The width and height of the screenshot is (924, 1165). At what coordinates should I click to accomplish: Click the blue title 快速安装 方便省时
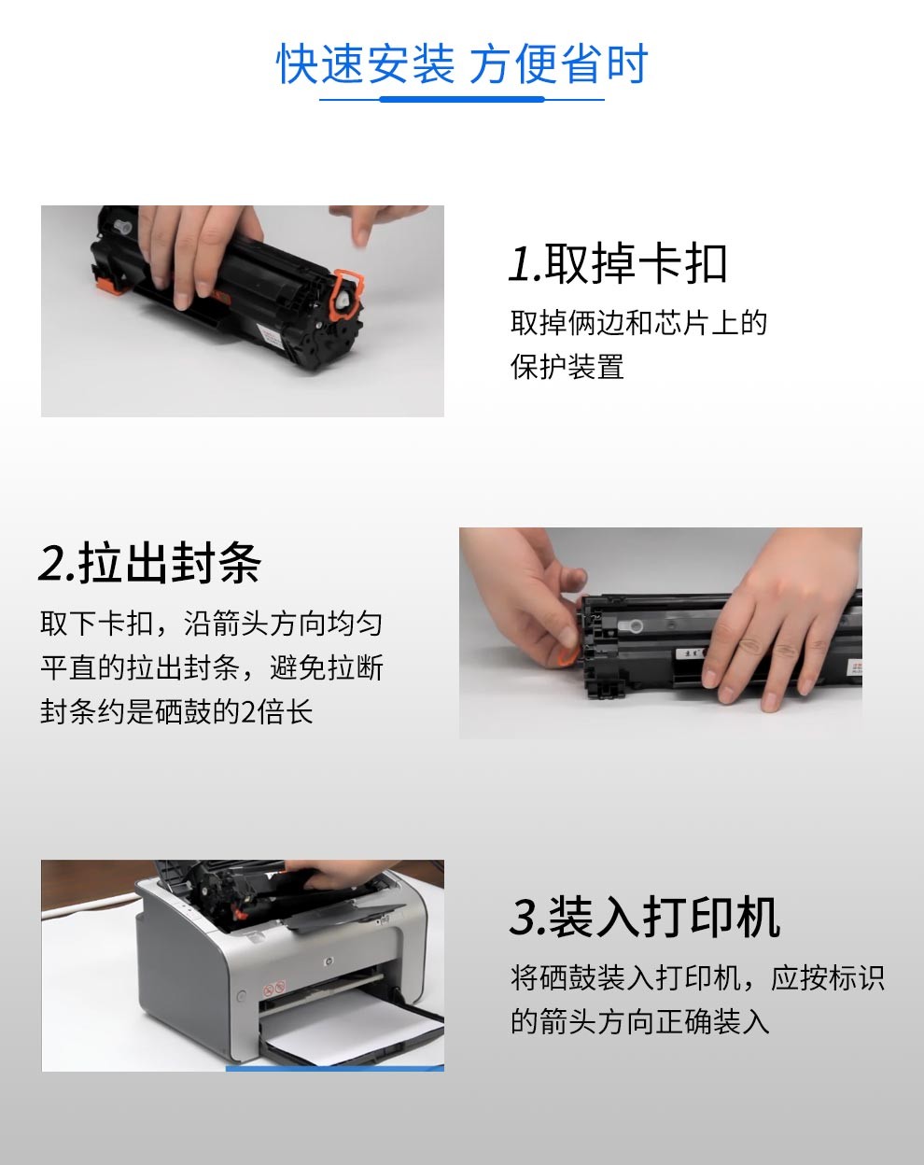pyautogui.click(x=462, y=63)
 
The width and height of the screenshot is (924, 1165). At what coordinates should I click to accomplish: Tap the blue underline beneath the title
pyautogui.click(x=462, y=99)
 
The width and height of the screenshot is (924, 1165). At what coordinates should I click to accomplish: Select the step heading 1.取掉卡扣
pyautogui.click(x=618, y=263)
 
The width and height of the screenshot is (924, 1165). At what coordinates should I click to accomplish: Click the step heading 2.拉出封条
pyautogui.click(x=150, y=563)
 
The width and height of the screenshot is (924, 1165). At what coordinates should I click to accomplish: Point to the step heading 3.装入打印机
pyautogui.click(x=645, y=917)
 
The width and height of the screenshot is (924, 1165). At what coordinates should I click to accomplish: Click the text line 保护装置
pyautogui.click(x=567, y=367)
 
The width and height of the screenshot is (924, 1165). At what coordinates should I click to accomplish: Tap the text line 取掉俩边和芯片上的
pyautogui.click(x=638, y=323)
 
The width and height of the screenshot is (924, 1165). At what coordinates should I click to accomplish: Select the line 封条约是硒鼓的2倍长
pyautogui.click(x=176, y=711)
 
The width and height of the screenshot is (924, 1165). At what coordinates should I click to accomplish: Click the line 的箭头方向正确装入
pyautogui.click(x=640, y=1021)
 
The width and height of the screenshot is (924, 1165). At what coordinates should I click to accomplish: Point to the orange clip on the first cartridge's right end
pyautogui.click(x=344, y=294)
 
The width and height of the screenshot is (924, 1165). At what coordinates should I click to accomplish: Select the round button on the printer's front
pyautogui.click(x=242, y=995)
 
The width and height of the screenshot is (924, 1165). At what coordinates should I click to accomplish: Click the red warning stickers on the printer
pyautogui.click(x=273, y=990)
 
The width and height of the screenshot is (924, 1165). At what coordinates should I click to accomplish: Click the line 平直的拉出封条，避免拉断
pyautogui.click(x=212, y=667)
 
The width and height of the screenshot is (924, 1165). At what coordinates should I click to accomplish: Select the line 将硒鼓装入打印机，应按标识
pyautogui.click(x=697, y=977)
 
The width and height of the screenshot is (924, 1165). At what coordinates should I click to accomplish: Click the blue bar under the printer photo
pyautogui.click(x=334, y=1069)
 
